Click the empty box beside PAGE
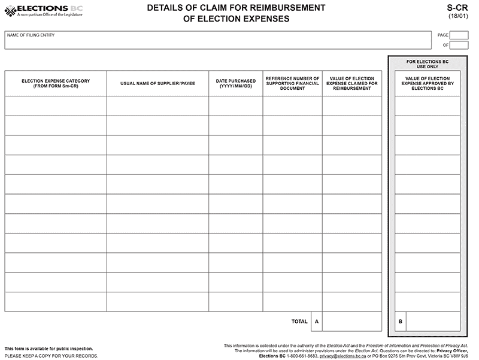pos(459,35)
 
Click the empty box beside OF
pos(459,45)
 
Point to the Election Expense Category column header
pos(56,83)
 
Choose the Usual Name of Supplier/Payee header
pos(157,83)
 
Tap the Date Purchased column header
pos(235,83)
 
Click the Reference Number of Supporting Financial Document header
pos(292,83)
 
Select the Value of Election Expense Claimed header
pos(351,83)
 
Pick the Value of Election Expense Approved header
pos(428,83)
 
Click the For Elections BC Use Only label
pos(428,64)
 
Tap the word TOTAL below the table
pos(299,322)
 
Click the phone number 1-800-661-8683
pos(302,356)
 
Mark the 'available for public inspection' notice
pos(48,349)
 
